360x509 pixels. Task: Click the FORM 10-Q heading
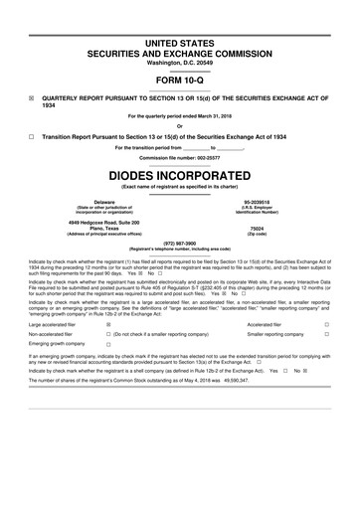(179, 80)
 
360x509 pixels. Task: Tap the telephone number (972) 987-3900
(179, 242)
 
